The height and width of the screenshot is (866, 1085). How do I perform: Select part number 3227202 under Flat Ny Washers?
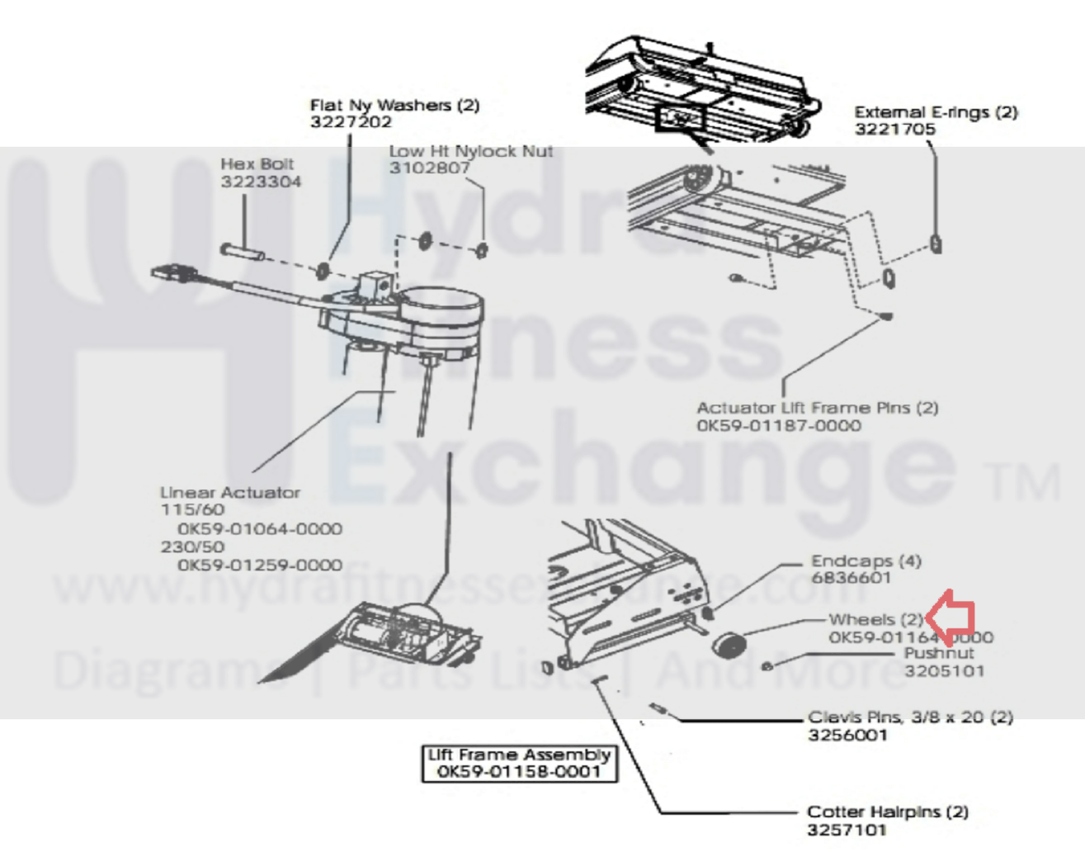tap(351, 122)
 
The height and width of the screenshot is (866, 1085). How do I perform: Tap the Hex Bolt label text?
tap(257, 164)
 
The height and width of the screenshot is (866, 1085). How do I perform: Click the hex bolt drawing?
tap(242, 251)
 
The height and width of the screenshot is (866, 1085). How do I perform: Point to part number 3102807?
tap(429, 168)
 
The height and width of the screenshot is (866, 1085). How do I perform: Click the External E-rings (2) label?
tap(936, 112)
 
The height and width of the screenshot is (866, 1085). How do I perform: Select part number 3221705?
tap(895, 130)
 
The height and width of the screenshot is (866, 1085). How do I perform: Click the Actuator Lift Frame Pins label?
tap(817, 408)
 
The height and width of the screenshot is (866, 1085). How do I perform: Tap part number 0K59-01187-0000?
tap(778, 426)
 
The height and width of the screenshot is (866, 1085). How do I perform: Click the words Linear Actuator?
tap(230, 493)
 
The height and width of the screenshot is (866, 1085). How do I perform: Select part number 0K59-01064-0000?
tap(259, 529)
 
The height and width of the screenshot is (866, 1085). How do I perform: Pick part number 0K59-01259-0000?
tap(259, 566)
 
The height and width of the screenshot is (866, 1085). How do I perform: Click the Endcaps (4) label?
tap(866, 561)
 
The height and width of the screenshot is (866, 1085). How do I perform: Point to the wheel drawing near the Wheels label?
tap(729, 644)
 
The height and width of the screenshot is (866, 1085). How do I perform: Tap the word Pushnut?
tap(938, 653)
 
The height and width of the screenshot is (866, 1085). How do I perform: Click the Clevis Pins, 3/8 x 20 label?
tap(909, 717)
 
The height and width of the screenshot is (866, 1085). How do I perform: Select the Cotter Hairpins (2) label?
tap(887, 812)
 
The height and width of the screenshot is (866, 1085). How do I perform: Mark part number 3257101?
tap(847, 830)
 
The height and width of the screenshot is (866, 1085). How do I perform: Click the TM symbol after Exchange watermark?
tap(1021, 483)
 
